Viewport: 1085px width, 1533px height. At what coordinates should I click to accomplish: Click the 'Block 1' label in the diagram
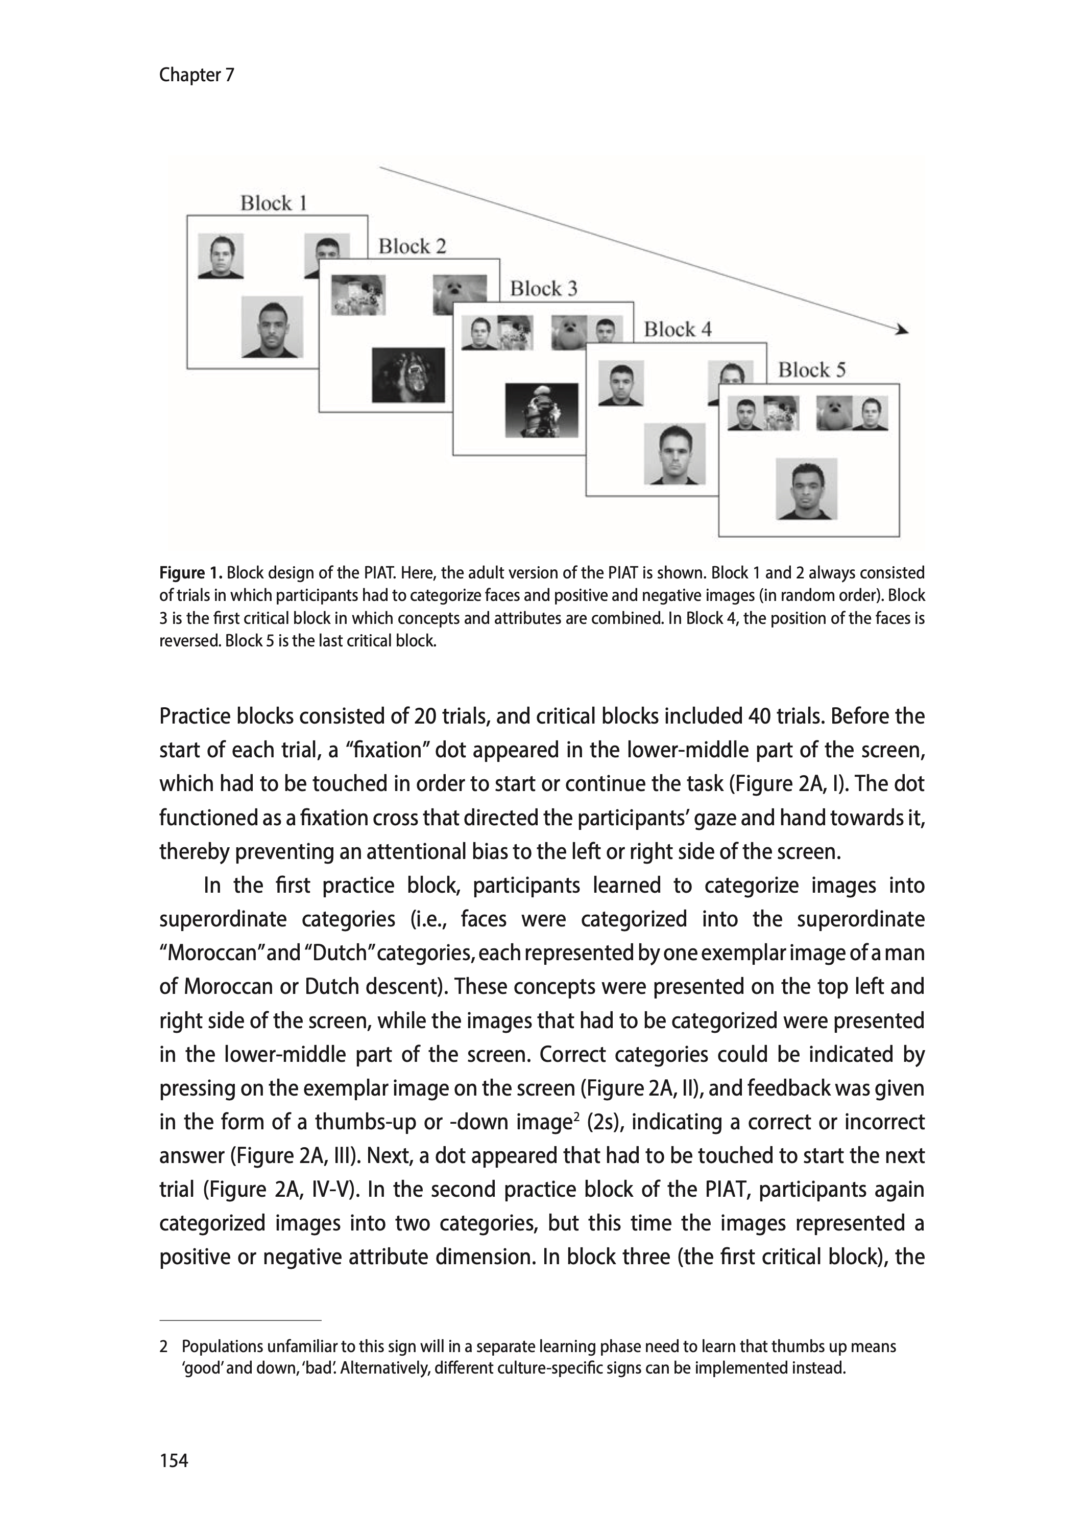pyautogui.click(x=273, y=203)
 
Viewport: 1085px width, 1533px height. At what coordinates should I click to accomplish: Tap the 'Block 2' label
pyautogui.click(x=412, y=247)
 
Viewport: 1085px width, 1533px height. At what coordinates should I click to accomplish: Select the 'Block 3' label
pyautogui.click(x=543, y=289)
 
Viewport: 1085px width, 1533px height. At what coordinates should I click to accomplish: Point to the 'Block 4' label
pyautogui.click(x=678, y=330)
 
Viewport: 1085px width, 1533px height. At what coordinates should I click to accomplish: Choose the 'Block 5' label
pyautogui.click(x=811, y=370)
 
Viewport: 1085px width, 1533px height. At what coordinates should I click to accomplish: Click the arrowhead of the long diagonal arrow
pyautogui.click(x=902, y=330)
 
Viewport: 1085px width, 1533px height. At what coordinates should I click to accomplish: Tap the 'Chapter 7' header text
pyautogui.click(x=197, y=75)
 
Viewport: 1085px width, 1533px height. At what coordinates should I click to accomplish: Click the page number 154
pyautogui.click(x=174, y=1461)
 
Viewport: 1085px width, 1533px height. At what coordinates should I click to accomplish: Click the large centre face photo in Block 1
pyautogui.click(x=272, y=327)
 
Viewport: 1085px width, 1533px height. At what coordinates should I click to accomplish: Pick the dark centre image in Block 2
pyautogui.click(x=408, y=375)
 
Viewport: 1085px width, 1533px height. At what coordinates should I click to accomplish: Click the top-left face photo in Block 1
pyautogui.click(x=221, y=256)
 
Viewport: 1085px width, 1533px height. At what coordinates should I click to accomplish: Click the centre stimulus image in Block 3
pyautogui.click(x=541, y=410)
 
